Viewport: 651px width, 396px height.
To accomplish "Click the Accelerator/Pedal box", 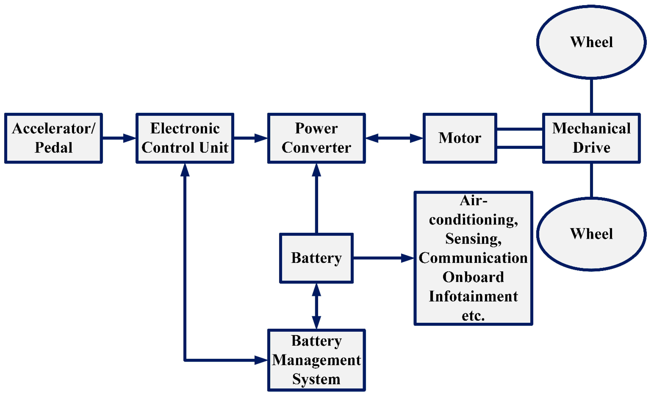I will pyautogui.click(x=53, y=138).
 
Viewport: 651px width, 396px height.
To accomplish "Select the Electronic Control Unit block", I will pyautogui.click(x=185, y=138).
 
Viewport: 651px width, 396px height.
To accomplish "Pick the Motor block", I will pyautogui.click(x=460, y=138).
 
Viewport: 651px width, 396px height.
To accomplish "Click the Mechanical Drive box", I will pyautogui.click(x=591, y=138).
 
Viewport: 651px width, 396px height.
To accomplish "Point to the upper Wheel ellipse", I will pyautogui.click(x=591, y=42).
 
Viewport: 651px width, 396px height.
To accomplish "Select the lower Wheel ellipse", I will pyautogui.click(x=591, y=234).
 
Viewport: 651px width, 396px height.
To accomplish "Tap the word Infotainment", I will pyautogui.click(x=473, y=296).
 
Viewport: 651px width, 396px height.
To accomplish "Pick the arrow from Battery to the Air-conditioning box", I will pyautogui.click(x=383, y=258).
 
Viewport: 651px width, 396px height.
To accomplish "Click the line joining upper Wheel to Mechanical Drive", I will pyautogui.click(x=591, y=96).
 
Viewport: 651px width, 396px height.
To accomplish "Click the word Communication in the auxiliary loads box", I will pyautogui.click(x=473, y=258).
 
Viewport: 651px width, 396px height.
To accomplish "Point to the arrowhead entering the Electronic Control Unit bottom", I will pyautogui.click(x=185, y=170).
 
